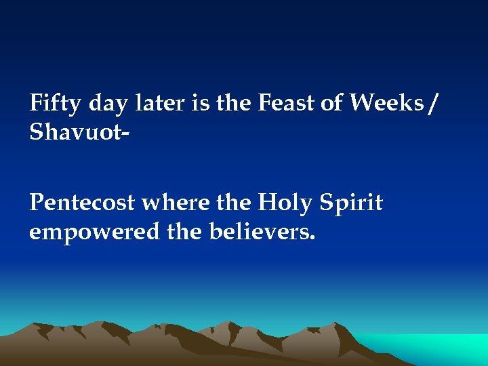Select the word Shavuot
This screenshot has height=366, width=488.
click(74, 134)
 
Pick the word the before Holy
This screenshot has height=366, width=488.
click(228, 203)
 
